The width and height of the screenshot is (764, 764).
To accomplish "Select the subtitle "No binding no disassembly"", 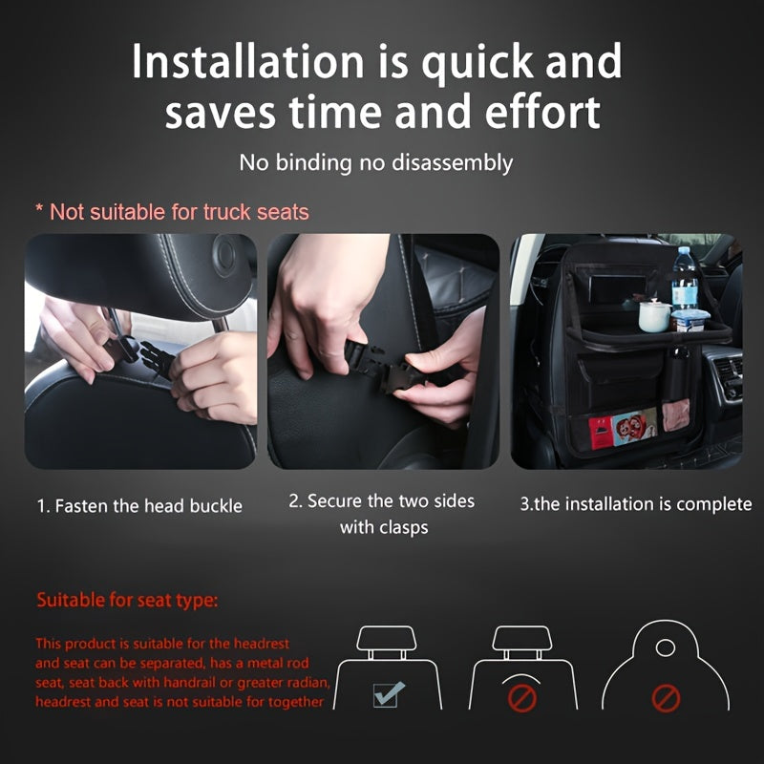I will coord(376,162).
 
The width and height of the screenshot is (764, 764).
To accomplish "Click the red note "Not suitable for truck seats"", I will coord(172,211).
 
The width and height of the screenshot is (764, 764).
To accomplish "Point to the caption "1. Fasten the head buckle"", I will coord(139,505).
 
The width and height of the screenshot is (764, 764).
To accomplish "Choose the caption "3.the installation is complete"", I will coord(635,504).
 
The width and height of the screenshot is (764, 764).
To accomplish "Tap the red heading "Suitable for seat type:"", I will coord(127,601).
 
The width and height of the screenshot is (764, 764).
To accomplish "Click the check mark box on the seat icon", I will coord(386,694).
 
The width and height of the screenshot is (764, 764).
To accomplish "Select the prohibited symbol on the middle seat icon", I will coord(521,698).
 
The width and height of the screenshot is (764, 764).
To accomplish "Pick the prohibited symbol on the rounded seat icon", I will coord(666,698).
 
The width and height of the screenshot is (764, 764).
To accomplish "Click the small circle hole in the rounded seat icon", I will coord(666,648).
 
